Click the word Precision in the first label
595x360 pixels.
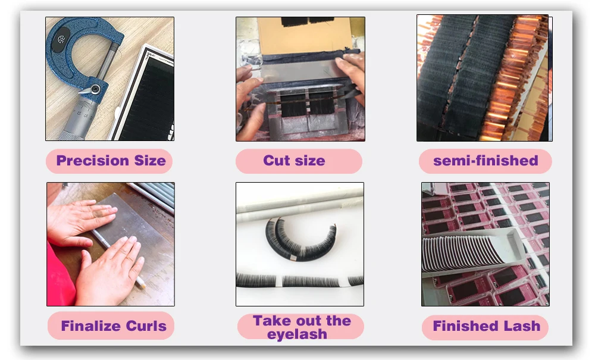tap(93, 161)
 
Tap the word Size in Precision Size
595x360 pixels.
tap(151, 161)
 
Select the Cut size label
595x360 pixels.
tap(299, 161)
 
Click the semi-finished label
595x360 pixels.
tap(486, 161)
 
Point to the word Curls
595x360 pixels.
tap(146, 326)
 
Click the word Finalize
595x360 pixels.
tap(91, 326)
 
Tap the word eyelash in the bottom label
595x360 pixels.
tap(297, 334)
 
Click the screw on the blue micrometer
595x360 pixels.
tap(95, 89)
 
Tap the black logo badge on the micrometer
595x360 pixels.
tap(61, 39)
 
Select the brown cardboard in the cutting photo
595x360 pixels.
tap(306, 36)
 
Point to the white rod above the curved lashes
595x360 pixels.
tap(300, 201)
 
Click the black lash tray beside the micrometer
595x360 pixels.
tap(146, 95)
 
